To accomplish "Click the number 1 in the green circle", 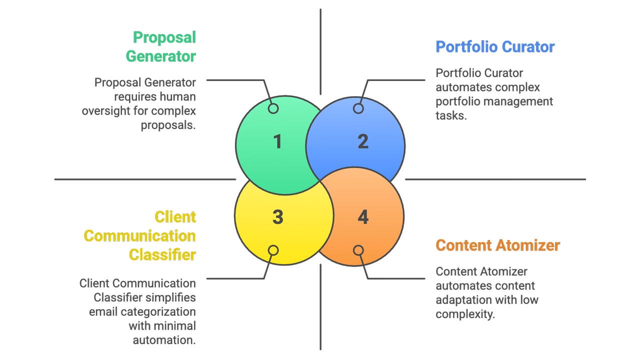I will click(277, 142).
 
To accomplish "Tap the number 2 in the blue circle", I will click(363, 142).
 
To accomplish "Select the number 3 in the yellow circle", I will click(277, 217).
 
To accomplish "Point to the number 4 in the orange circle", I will click(363, 217).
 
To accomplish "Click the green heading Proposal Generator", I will click(160, 46).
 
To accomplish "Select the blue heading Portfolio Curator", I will click(495, 47).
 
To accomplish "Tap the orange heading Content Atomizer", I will click(497, 245).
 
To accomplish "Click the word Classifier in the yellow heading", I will click(162, 255).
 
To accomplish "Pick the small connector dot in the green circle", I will click(273, 108).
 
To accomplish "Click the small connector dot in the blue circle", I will click(358, 108).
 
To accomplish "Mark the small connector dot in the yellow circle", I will click(273, 250).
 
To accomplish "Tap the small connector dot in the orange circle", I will click(358, 250).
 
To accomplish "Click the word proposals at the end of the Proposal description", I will click(168, 125).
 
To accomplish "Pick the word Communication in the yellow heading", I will click(139, 236).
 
